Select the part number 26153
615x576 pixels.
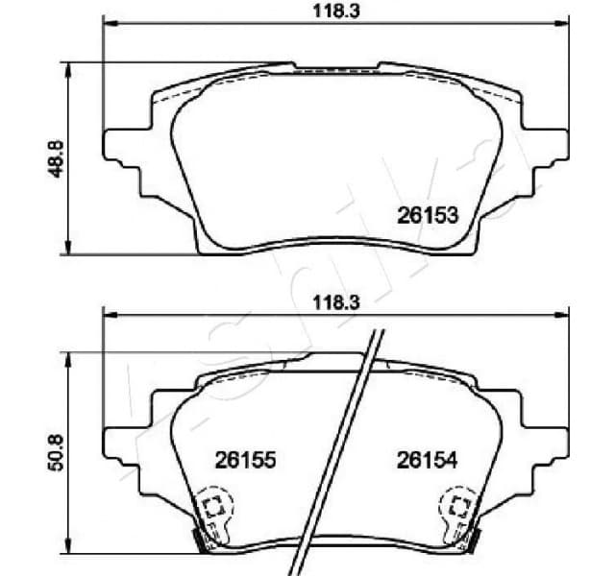click(427, 216)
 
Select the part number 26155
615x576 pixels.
click(245, 461)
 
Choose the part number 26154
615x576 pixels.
click(427, 461)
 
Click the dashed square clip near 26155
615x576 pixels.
click(213, 507)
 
